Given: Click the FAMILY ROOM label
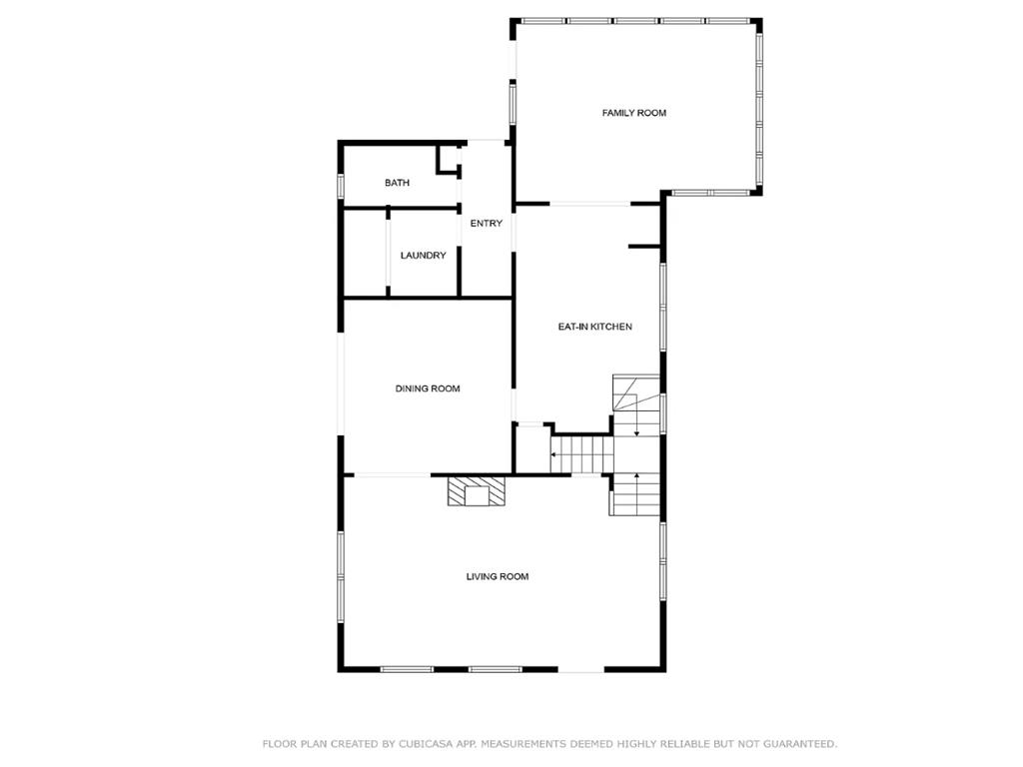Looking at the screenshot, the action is point(634,113).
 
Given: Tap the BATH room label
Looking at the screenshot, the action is point(397,183).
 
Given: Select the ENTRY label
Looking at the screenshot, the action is point(487,223).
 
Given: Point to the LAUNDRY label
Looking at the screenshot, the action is point(423,255).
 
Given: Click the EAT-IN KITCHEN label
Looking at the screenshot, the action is point(595,327).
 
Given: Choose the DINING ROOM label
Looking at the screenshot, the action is point(428,388).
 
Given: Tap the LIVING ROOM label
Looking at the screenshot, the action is point(498,576).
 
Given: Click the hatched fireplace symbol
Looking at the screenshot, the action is point(477,491).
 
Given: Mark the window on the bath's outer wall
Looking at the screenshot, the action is point(340,185).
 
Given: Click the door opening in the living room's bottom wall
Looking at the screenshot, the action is point(581,669).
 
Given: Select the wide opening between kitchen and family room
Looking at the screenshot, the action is point(590,204).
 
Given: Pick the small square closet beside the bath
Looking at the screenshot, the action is point(449,159).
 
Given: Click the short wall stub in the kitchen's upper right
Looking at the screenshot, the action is point(645,247).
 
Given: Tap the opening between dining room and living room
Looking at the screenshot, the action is point(392,474).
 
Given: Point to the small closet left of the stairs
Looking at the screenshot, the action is point(530,448).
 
